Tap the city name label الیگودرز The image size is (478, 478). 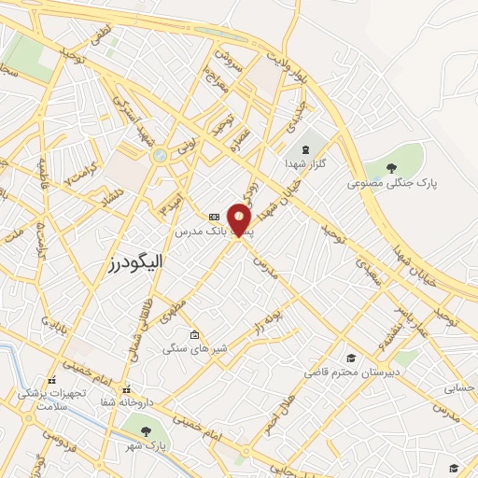pyautogui.click(x=135, y=264)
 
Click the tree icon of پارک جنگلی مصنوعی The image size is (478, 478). pyautogui.click(x=394, y=167)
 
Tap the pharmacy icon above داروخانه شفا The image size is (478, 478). pyautogui.click(x=127, y=390)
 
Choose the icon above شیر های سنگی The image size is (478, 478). pyautogui.click(x=194, y=335)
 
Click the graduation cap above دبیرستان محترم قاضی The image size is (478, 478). pyautogui.click(x=351, y=358)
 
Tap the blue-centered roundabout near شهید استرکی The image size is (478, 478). pyautogui.click(x=160, y=154)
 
